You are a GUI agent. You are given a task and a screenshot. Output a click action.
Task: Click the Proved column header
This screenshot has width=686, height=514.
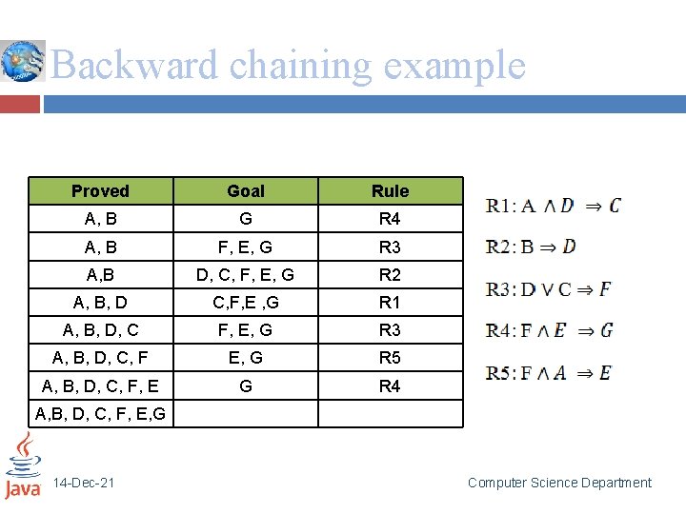[100, 191]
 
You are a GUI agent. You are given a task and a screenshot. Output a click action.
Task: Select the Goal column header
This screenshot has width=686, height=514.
[246, 191]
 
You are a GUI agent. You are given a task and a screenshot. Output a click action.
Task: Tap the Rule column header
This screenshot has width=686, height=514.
[390, 191]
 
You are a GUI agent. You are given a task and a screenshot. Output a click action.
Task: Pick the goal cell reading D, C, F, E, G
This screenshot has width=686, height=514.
[246, 275]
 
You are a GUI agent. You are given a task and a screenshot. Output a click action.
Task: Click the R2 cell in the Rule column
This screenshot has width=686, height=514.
[390, 275]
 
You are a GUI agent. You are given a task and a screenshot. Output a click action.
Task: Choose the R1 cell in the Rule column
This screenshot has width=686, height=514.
[390, 303]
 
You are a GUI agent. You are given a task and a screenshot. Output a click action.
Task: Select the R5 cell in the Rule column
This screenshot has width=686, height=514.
[390, 358]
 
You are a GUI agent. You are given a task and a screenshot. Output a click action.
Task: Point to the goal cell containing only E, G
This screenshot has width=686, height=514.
[246, 358]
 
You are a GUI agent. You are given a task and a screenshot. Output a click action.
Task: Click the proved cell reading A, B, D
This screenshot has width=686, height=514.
[100, 303]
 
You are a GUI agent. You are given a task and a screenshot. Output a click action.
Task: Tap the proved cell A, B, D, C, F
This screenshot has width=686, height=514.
[100, 358]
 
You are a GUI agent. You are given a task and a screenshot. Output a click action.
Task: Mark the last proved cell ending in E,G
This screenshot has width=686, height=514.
[100, 414]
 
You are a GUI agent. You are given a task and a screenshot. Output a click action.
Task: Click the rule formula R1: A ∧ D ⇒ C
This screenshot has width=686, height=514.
[553, 206]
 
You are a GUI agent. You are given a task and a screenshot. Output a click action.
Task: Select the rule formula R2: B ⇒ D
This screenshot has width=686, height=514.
[531, 247]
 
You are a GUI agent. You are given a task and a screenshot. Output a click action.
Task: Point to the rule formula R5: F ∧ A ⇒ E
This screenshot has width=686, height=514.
[548, 372]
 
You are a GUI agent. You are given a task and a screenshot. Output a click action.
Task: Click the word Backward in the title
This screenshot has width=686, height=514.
[134, 66]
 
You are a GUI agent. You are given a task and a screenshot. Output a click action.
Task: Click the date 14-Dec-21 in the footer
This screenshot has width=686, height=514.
[84, 484]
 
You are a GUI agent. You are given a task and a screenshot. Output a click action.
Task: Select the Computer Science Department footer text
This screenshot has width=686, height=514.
[559, 484]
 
